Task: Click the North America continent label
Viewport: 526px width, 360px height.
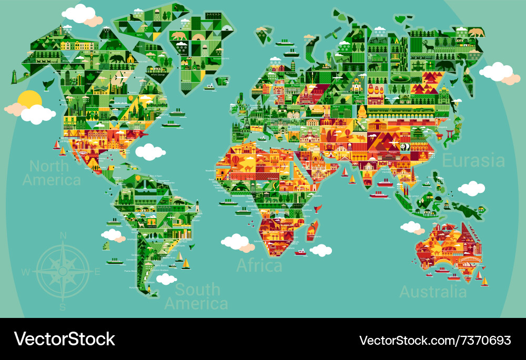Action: (x=52, y=173)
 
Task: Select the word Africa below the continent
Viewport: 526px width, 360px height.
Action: (x=259, y=265)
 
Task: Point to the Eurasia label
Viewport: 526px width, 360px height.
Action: (x=473, y=161)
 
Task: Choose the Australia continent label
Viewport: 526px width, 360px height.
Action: (x=433, y=292)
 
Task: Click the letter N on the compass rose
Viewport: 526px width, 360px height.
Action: (x=63, y=236)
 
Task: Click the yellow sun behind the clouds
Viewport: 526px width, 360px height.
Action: (x=29, y=99)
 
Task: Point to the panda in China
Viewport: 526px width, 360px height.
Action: (x=404, y=147)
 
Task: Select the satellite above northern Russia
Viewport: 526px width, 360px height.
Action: (x=331, y=34)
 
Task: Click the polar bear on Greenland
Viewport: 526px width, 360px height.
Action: (x=179, y=36)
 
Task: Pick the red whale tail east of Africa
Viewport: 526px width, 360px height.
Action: (x=318, y=209)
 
